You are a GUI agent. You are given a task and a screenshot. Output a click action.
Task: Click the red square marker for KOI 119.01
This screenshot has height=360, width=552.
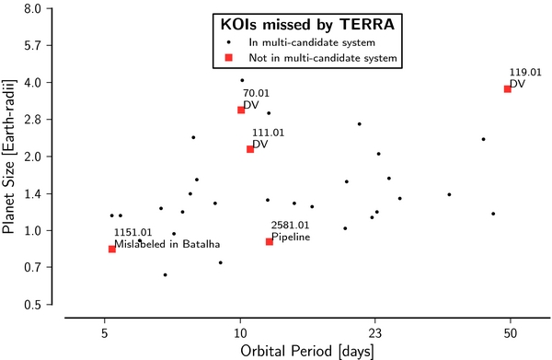[x=507, y=89]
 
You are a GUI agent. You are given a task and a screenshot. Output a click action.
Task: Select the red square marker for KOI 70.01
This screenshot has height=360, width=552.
[x=241, y=110]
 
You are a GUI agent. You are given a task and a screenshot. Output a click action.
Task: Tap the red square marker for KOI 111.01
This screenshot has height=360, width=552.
[x=250, y=149]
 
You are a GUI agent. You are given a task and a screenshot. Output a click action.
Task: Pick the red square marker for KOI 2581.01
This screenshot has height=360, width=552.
[x=270, y=241]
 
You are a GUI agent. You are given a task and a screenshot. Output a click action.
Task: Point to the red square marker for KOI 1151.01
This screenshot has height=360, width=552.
[x=112, y=249]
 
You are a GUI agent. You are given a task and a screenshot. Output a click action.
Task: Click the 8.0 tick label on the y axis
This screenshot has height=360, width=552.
[x=32, y=9]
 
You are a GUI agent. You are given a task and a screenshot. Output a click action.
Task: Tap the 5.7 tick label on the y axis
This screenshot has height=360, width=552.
[x=32, y=46]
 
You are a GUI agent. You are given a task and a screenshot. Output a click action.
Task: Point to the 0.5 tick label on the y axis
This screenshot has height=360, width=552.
[x=32, y=305]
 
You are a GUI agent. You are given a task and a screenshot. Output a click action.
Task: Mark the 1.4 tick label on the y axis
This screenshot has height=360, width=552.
[x=32, y=194]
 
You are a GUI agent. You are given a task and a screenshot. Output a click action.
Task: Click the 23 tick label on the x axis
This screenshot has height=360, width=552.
[x=374, y=327]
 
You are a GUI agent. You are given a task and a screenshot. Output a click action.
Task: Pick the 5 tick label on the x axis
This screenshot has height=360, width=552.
[x=105, y=327]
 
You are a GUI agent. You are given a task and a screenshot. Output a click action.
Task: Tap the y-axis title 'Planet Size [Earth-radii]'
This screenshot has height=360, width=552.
[x=10, y=157]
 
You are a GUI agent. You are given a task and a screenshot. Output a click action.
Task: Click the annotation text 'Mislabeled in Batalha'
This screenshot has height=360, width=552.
[x=167, y=244]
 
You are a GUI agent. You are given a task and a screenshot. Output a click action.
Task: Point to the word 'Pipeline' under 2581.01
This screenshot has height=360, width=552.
[x=290, y=237]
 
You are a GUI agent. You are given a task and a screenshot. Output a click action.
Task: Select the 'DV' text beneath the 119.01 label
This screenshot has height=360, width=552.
[x=516, y=84]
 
